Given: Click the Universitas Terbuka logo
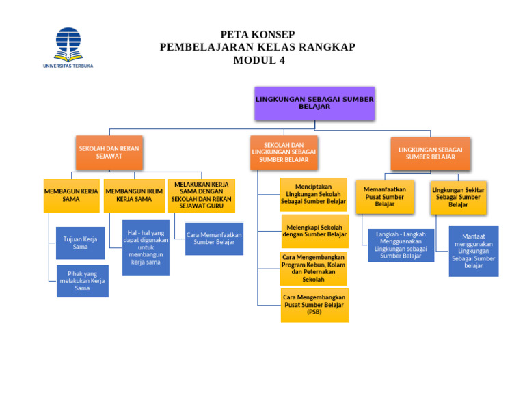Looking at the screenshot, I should [x=68, y=46].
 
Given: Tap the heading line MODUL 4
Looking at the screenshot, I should [x=258, y=60].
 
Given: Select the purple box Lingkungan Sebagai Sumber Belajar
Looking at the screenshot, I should [x=314, y=103].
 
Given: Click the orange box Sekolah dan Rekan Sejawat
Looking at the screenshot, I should [x=109, y=152].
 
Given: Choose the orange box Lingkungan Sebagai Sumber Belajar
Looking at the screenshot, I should [x=430, y=152].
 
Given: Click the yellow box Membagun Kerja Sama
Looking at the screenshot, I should [x=70, y=195].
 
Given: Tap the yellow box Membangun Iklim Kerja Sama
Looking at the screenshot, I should [x=134, y=195].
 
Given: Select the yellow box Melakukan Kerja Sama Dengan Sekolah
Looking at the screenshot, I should [x=201, y=195].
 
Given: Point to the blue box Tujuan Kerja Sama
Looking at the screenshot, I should [x=80, y=243].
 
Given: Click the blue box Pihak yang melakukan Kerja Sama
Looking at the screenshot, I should [x=82, y=281].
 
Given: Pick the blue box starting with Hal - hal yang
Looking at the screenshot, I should [x=146, y=247].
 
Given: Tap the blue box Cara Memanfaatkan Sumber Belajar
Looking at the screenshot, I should [x=214, y=239].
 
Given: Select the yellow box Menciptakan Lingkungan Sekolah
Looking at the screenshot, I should [x=313, y=194].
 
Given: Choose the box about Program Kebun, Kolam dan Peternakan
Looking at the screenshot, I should [x=313, y=268].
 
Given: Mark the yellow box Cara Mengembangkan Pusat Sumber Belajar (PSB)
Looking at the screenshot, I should [x=314, y=305].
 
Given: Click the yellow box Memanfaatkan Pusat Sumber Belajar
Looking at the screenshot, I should [x=384, y=196].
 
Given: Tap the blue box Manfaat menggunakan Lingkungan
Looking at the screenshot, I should [x=473, y=251].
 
